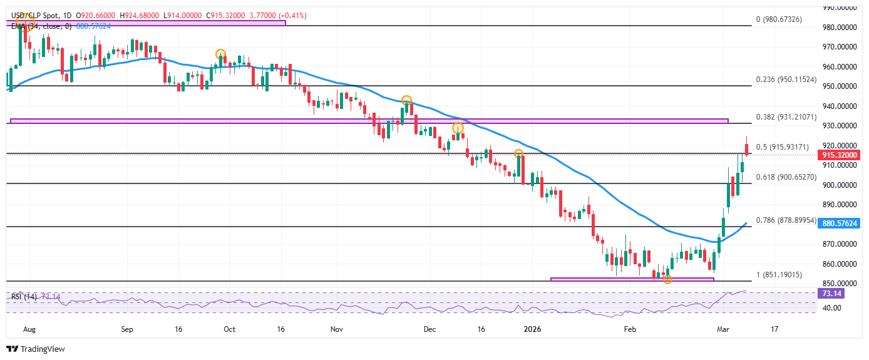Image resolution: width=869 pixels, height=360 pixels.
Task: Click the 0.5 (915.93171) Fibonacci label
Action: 783,147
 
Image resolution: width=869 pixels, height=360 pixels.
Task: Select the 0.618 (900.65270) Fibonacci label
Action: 786,177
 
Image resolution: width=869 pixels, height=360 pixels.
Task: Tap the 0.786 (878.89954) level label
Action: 786,220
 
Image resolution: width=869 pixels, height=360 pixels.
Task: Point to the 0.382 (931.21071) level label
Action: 786,117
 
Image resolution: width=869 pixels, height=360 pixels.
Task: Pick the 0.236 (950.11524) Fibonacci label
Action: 786,80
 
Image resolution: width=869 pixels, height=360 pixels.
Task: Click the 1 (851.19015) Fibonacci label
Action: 783,275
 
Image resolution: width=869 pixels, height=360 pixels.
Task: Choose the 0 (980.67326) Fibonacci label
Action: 783,19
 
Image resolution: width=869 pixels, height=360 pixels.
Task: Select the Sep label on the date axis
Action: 127,328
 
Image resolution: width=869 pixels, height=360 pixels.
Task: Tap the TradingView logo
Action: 36,349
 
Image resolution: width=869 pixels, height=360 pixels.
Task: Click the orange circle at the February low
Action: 667,279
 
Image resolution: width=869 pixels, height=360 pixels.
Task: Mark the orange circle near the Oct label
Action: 220,54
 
